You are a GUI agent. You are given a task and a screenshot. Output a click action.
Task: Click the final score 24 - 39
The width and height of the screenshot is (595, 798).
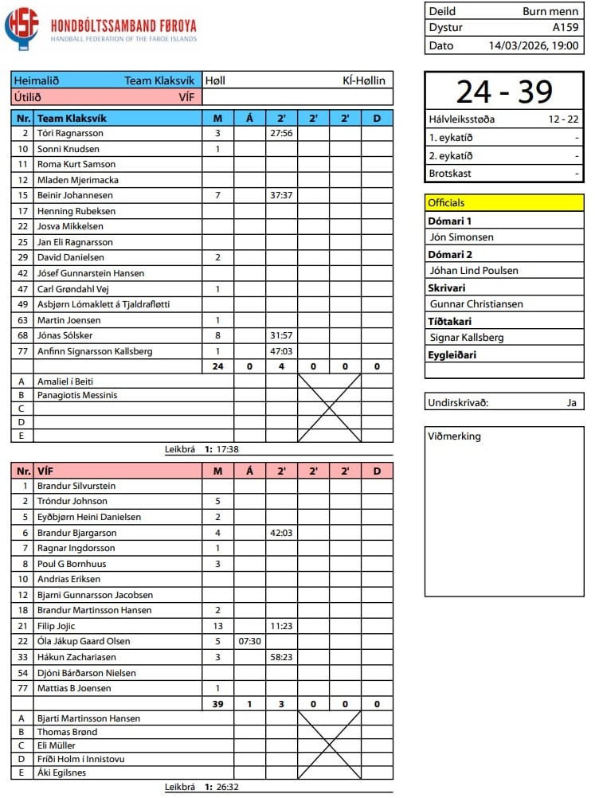tap(503, 92)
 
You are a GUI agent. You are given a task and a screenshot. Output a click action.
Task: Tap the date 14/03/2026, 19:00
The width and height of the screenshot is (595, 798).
tap(534, 45)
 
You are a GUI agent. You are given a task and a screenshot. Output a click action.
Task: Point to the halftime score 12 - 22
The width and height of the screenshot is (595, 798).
tap(563, 119)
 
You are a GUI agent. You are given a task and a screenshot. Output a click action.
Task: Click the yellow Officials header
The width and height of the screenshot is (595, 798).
tap(503, 202)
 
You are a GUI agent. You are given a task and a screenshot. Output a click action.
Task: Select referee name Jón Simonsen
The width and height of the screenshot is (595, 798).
tap(461, 237)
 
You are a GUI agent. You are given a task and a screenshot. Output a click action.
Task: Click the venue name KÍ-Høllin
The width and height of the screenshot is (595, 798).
tap(363, 80)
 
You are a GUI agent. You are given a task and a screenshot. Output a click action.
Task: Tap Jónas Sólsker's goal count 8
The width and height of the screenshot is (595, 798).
tap(217, 335)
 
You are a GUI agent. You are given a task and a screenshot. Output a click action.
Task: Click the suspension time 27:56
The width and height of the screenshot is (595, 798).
tap(281, 133)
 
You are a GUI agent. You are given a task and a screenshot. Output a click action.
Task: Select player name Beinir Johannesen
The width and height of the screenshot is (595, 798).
tap(75, 195)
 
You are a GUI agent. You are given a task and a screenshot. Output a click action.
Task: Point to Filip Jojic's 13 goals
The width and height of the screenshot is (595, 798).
tap(217, 626)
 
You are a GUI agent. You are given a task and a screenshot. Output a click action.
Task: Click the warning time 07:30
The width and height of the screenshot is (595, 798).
tap(249, 641)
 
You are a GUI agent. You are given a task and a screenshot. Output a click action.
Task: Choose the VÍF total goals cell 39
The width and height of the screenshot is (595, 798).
tap(217, 704)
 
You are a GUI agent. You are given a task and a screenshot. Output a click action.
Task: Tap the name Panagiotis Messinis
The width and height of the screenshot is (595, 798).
tap(77, 395)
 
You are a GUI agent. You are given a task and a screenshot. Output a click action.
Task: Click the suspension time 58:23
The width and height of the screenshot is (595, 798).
tap(281, 657)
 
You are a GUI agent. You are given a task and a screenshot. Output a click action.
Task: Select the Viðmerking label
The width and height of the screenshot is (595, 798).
tap(455, 436)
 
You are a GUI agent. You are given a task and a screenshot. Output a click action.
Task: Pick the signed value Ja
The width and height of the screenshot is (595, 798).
tap(571, 402)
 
